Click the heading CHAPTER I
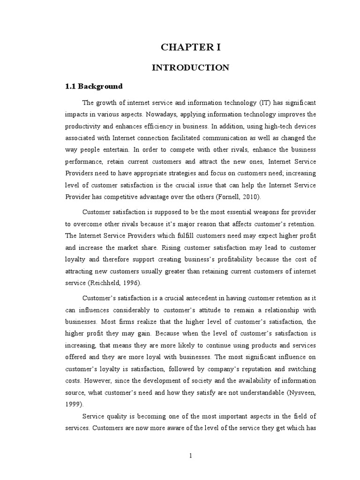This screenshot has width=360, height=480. point(190,48)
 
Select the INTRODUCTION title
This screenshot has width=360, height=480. point(190,67)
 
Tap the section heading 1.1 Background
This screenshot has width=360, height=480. point(94,86)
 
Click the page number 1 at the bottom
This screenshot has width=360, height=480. point(191,455)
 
